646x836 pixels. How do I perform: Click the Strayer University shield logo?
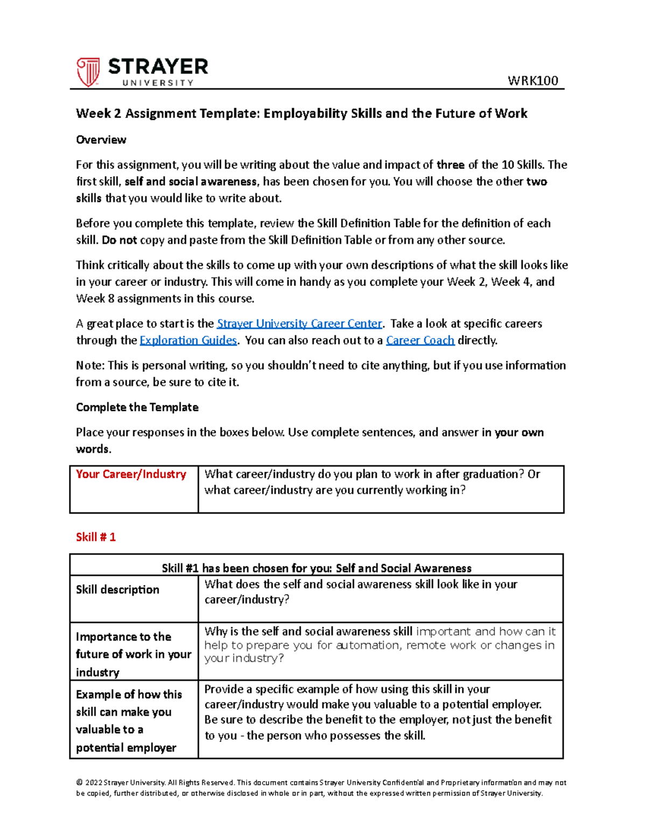coord(88,72)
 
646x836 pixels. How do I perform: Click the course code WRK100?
coord(532,81)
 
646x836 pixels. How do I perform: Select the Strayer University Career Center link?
coord(299,324)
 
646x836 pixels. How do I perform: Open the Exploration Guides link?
coord(188,340)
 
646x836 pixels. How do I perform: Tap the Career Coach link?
coord(420,340)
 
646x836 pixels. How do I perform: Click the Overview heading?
coord(101,140)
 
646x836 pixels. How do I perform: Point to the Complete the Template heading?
coord(137,407)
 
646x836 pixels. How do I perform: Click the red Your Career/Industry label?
coord(131,474)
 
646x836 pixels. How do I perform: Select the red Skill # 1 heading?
coord(96,537)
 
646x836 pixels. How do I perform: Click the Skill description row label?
coord(117,589)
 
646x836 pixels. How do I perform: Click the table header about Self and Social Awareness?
coord(317,568)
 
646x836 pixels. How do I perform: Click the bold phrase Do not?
coord(119,240)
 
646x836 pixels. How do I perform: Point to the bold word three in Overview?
coord(450,165)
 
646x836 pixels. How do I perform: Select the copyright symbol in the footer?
coord(79,783)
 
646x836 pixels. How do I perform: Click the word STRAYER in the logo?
coord(158,67)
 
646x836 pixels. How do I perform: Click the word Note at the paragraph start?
coord(89,366)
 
